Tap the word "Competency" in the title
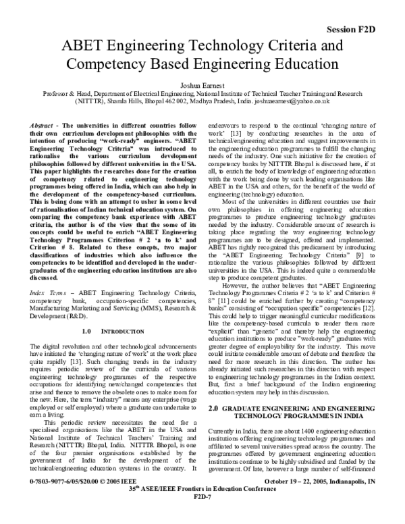113,65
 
